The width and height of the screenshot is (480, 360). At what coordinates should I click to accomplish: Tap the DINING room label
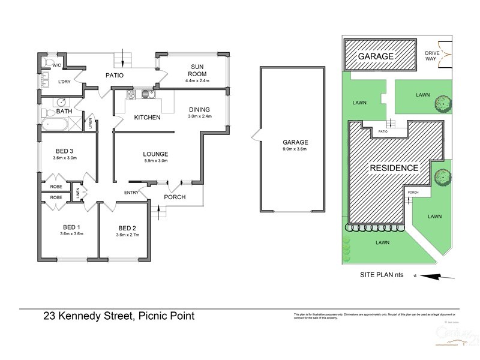[199, 110]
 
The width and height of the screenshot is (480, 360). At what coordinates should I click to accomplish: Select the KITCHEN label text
[147, 118]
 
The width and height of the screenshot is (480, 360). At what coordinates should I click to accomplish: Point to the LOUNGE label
[155, 154]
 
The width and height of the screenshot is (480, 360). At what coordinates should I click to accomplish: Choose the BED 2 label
[128, 227]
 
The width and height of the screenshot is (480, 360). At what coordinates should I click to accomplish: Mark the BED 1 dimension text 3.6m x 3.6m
[71, 234]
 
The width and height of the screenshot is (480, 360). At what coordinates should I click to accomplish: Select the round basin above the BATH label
[62, 101]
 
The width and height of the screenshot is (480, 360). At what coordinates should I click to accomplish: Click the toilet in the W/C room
[48, 63]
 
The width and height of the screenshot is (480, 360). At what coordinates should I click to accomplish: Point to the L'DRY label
[65, 82]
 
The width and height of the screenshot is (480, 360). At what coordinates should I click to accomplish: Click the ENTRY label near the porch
[131, 193]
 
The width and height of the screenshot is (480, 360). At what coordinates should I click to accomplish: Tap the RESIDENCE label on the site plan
[394, 168]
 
